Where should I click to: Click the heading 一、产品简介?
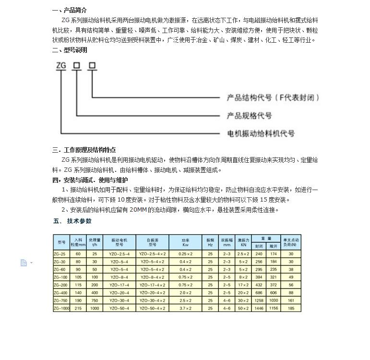click(70, 10)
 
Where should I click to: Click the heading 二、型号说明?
click(70, 50)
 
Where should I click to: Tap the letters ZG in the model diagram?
click(61, 66)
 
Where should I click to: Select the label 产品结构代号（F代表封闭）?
click(273, 97)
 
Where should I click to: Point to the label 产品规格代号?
click(249, 116)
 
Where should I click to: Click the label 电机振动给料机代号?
click(261, 133)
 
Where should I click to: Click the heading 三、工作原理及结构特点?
click(84, 150)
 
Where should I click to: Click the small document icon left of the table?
click(24, 263)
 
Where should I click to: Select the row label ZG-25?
click(61, 253)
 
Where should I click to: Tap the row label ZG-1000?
click(61, 308)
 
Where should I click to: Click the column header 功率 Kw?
click(185, 242)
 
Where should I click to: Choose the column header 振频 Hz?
click(210, 242)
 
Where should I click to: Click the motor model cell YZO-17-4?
click(119, 285)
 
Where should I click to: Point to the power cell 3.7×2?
click(185, 308)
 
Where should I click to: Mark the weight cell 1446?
click(259, 308)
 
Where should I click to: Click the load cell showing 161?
click(291, 300)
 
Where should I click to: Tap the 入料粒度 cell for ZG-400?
click(78, 292)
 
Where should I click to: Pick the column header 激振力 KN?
click(243, 242)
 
